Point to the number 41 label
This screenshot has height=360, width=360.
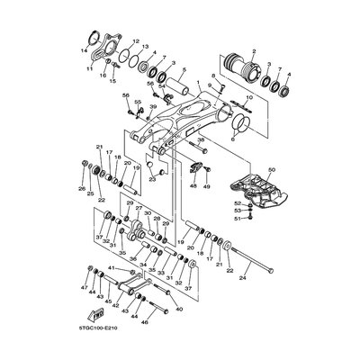pos(110,269)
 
